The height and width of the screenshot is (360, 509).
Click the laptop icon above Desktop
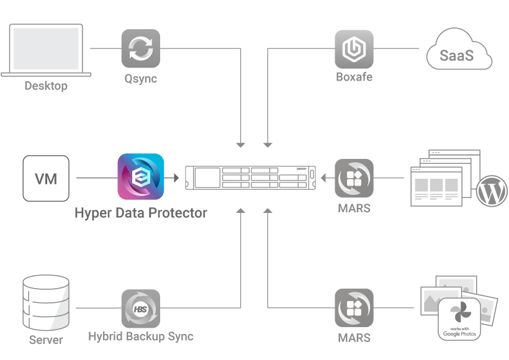(x=45, y=50)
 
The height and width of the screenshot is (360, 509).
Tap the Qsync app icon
(x=140, y=48)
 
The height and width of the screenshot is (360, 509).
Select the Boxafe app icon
(x=354, y=48)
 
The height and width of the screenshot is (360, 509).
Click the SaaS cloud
(x=459, y=55)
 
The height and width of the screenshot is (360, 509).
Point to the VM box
(x=46, y=179)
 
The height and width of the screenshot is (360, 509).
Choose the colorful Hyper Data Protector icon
(x=141, y=176)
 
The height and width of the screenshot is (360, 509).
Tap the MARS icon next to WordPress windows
(x=354, y=178)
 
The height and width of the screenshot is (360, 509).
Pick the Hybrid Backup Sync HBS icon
(x=140, y=308)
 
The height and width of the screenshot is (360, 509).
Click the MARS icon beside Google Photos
(x=354, y=308)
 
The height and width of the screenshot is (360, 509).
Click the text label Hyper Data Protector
(x=141, y=213)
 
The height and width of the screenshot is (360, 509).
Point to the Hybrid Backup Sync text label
(x=141, y=337)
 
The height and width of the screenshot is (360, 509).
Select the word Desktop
(x=46, y=86)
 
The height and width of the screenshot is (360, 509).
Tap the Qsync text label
(x=141, y=79)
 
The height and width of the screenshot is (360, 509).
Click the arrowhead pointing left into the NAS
(x=323, y=178)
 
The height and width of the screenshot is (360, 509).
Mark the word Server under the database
(x=46, y=340)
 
